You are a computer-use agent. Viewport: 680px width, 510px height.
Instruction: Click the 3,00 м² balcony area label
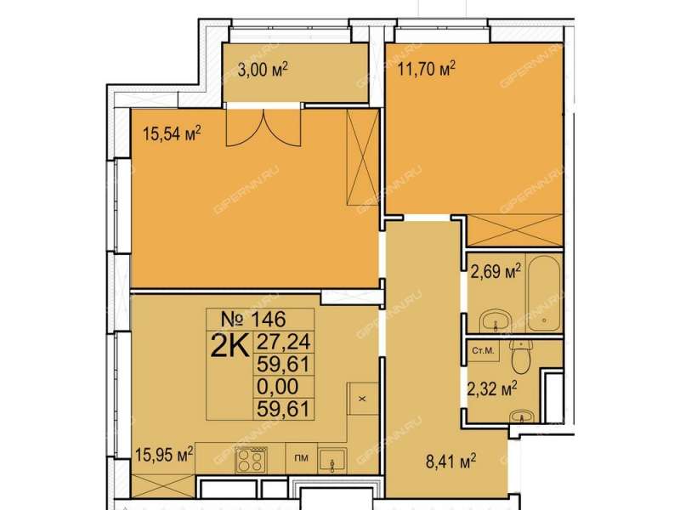263,70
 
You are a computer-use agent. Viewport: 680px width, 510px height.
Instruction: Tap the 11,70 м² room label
427,69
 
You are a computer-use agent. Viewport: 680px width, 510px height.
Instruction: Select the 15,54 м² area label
172,133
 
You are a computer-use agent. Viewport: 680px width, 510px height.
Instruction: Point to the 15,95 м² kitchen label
164,456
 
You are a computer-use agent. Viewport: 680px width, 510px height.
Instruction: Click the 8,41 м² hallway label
451,461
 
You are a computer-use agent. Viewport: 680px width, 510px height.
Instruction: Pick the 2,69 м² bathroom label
496,272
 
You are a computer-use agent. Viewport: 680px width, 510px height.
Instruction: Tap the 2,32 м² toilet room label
492,388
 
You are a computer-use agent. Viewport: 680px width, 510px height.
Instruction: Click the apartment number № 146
253,320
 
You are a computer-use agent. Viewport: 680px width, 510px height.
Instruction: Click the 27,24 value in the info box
284,343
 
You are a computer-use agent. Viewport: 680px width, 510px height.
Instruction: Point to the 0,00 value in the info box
278,386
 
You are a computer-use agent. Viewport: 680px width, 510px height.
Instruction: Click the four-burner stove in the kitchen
251,460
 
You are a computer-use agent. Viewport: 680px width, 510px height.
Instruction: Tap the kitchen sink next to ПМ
332,461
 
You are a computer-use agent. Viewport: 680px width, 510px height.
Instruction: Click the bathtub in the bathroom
544,294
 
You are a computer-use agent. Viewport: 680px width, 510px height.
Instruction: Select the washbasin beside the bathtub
496,320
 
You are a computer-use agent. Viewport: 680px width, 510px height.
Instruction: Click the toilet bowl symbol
521,355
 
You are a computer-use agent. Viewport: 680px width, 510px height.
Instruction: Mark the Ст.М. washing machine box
483,350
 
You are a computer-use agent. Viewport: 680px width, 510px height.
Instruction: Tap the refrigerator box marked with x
363,399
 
